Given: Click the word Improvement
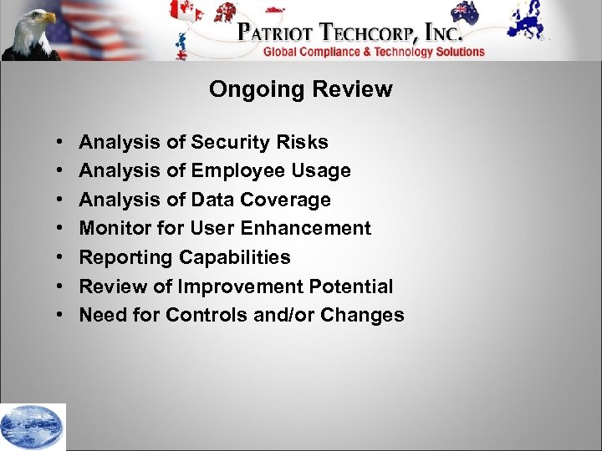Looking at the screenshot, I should pos(254,286).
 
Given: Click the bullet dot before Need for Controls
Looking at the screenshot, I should pos(62,316).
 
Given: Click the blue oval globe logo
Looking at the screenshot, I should pos(33,427).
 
